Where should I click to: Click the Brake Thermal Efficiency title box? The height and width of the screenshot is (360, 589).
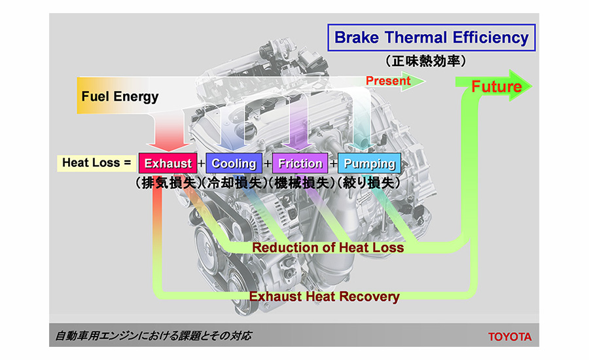click(x=432, y=37)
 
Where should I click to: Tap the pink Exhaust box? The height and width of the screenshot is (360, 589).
click(x=168, y=163)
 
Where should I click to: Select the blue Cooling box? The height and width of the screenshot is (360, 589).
click(x=234, y=163)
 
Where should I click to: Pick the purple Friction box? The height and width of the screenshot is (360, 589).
click(x=300, y=163)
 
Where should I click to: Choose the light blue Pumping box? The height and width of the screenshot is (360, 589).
click(x=370, y=163)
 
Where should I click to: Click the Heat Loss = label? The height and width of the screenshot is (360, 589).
click(x=97, y=163)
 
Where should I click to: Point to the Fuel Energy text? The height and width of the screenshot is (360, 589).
click(x=120, y=96)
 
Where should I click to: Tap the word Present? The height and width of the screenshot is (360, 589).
click(x=388, y=81)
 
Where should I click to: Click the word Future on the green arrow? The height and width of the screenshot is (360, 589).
click(x=497, y=86)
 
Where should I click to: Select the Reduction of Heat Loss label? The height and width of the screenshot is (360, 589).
click(x=328, y=247)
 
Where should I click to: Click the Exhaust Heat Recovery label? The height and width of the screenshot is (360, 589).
click(x=324, y=296)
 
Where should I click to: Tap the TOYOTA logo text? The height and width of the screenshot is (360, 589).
click(x=510, y=336)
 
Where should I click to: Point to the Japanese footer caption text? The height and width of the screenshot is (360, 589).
click(x=154, y=335)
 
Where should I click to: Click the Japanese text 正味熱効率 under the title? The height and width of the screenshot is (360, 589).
click(x=426, y=61)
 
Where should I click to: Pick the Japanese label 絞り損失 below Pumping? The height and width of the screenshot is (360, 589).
click(x=369, y=183)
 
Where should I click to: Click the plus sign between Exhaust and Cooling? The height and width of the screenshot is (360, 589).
click(x=202, y=164)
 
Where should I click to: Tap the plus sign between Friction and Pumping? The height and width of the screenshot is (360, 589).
click(x=333, y=164)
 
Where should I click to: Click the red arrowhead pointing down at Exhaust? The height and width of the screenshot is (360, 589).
click(x=169, y=147)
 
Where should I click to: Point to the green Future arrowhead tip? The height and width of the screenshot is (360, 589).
click(x=532, y=86)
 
